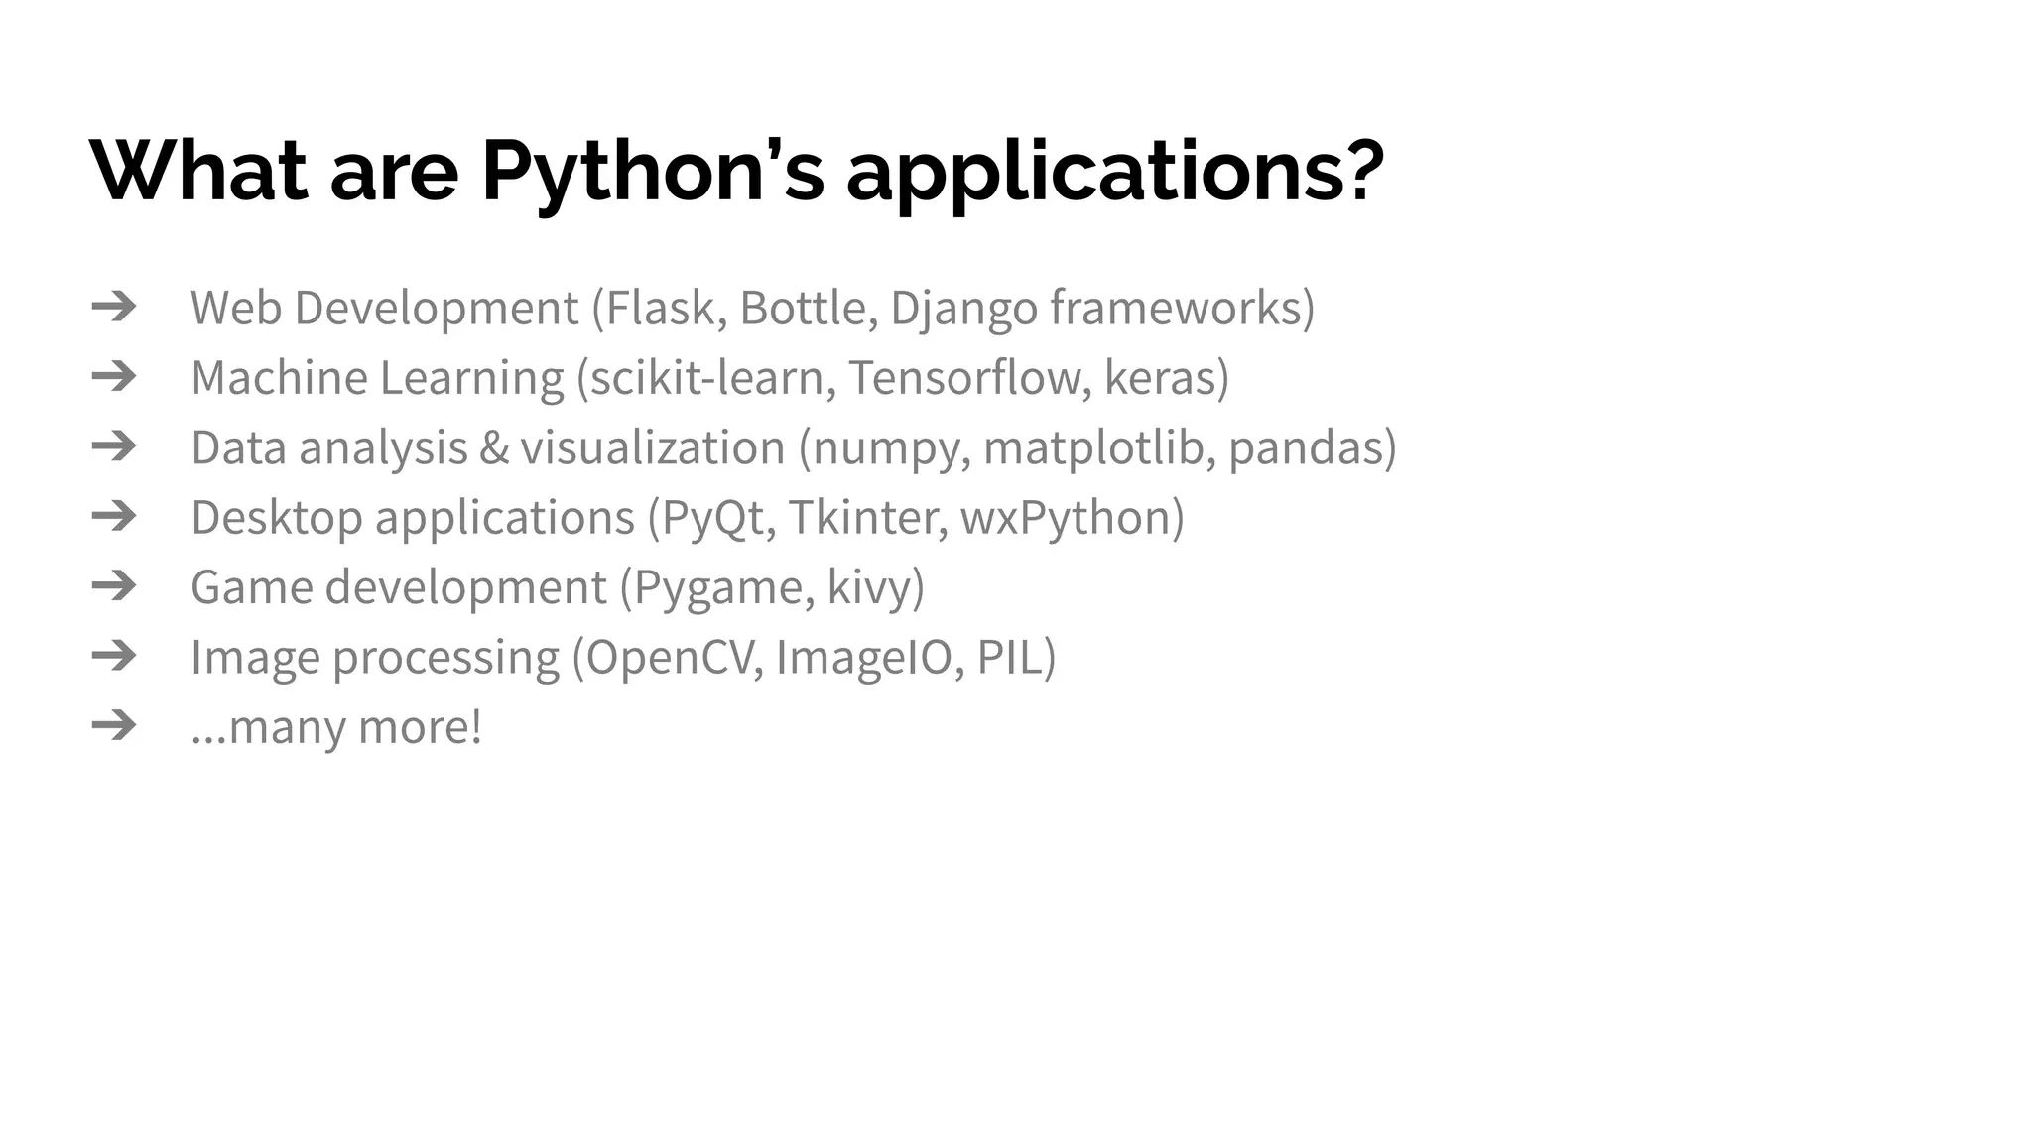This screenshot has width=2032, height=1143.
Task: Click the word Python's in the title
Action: (652, 171)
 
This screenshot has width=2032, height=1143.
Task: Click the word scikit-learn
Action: (706, 378)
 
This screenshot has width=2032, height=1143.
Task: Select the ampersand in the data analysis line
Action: (493, 447)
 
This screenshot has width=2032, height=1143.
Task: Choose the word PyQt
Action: (713, 518)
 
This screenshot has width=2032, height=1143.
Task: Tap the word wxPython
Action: (1065, 518)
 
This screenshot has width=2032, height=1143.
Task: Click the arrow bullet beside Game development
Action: (114, 585)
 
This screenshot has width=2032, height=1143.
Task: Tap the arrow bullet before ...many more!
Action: (114, 725)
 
